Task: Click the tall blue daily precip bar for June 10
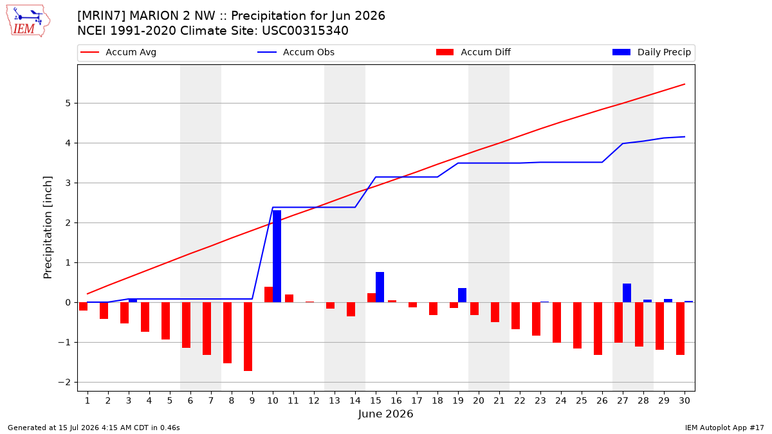[x=277, y=257]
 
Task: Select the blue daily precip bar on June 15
[x=380, y=287]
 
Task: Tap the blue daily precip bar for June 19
[x=462, y=295]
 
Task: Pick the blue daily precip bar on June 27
[x=627, y=293]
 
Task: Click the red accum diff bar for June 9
[x=248, y=336]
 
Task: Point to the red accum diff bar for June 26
[x=598, y=329]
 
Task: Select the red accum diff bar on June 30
[x=681, y=329]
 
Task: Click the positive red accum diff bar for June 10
[x=268, y=294]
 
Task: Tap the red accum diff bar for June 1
[x=84, y=307]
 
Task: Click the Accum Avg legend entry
[x=118, y=52]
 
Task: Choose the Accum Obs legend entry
[x=296, y=52]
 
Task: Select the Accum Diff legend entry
[x=473, y=52]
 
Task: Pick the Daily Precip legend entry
[x=651, y=52]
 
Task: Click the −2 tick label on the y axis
[x=64, y=383]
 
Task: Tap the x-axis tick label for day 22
[x=520, y=401]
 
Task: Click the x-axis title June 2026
[x=385, y=413]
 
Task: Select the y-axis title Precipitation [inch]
[x=48, y=228]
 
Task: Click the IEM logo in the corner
[x=28, y=21]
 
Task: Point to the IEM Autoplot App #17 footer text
[x=724, y=428]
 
